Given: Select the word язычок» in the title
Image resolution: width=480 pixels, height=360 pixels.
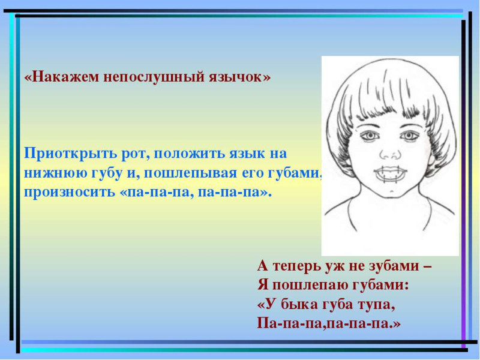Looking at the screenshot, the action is click(239, 77).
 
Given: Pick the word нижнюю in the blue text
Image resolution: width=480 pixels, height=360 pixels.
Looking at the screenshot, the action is click(56, 173).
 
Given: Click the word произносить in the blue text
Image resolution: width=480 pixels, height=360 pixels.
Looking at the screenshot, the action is click(68, 193).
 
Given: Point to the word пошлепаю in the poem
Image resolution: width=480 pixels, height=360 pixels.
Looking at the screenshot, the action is click(310, 286).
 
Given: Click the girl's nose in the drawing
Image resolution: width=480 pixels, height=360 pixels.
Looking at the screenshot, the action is click(391, 153).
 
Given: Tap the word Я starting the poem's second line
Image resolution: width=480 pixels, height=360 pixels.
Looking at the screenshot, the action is click(262, 286).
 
